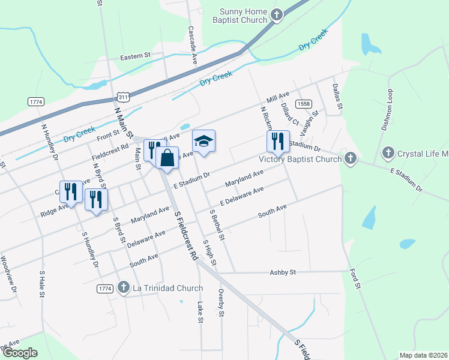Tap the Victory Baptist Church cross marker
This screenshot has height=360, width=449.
click(x=351, y=159)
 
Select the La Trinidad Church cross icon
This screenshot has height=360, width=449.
click(x=124, y=288)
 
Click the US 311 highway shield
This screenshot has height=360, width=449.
click(x=123, y=97)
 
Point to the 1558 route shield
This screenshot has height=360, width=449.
click(x=303, y=104)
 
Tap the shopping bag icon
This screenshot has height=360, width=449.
click(x=167, y=158)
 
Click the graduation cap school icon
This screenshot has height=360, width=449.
click(x=203, y=142)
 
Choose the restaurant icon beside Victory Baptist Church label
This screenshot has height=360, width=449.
click(x=278, y=142)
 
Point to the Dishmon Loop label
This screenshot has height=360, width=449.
click(x=389, y=110)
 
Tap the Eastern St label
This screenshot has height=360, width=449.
click(x=135, y=56)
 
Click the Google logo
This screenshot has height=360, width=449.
click(x=20, y=353)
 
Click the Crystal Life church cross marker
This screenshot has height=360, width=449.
click(x=388, y=153)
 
